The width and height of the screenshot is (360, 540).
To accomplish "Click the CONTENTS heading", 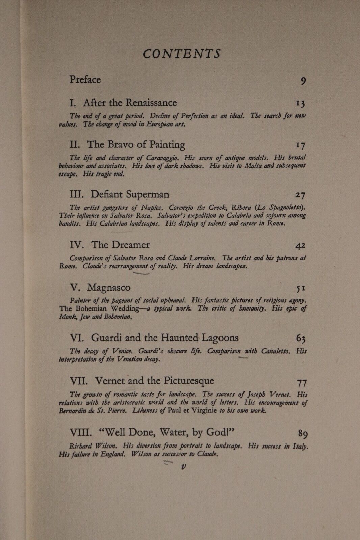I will click(182, 54).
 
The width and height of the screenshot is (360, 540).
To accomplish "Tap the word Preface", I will click(85, 80).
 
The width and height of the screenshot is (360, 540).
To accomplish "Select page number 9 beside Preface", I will click(303, 81).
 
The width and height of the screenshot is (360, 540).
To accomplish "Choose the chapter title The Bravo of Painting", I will click(136, 145).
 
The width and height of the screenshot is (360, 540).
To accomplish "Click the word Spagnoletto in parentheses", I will click(284, 207).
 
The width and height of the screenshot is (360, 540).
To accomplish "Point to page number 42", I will click(300, 246).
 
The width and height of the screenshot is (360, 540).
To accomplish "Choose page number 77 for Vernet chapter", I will click(301, 382).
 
